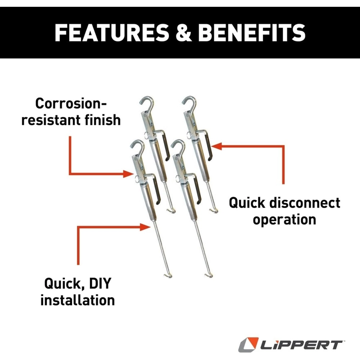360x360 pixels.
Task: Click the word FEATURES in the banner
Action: click(112, 33)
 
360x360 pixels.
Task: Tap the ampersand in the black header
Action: click(184, 33)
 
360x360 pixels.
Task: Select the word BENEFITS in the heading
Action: click(252, 33)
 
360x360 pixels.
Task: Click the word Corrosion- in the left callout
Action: click(71, 104)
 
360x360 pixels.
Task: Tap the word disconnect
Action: click(305, 203)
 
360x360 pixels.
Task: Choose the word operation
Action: click(284, 220)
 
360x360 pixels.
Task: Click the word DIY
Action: click(100, 283)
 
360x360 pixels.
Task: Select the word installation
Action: click(78, 300)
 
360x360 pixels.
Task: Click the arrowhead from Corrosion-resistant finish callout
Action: click(128, 174)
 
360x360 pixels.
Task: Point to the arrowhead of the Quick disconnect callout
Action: click(216, 146)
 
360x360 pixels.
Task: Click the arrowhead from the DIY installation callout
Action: click(145, 227)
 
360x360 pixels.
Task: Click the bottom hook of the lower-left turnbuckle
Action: click(168, 275)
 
